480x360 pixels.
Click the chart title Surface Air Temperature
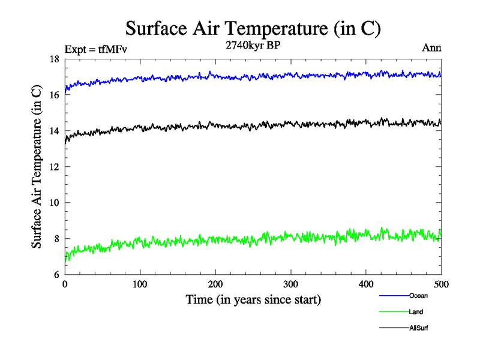click(253, 28)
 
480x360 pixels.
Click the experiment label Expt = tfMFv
click(96, 49)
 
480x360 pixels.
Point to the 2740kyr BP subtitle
click(252, 44)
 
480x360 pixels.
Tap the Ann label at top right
click(432, 49)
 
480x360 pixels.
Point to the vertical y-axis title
click(37, 167)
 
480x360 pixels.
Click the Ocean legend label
click(418, 296)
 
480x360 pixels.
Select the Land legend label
click(416, 312)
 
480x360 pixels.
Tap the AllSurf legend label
click(419, 328)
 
